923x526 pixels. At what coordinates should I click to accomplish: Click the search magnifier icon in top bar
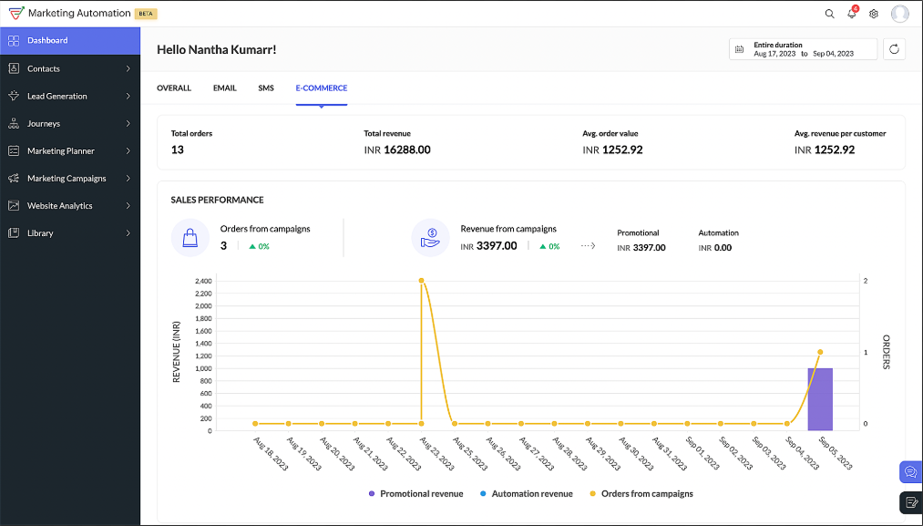point(829,14)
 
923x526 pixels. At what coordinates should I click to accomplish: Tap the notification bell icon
point(852,14)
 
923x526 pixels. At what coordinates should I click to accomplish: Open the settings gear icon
point(874,14)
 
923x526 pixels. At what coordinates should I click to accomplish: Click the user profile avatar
point(900,14)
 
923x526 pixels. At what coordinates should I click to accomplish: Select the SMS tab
point(266,88)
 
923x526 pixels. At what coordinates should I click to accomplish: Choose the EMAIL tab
point(224,88)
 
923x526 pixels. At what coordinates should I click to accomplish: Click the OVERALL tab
point(174,88)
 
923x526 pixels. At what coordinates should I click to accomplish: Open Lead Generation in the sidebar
point(57,96)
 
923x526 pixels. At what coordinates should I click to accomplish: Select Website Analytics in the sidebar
point(60,206)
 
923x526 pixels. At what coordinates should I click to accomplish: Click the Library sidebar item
point(40,233)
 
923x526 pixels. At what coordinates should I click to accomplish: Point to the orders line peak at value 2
point(421,281)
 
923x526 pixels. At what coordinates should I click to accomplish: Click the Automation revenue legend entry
point(532,494)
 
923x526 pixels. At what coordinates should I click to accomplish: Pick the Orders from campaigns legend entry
point(646,494)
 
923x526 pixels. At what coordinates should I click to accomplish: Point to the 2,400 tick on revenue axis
point(203,281)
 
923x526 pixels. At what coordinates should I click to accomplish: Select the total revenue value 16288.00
point(406,150)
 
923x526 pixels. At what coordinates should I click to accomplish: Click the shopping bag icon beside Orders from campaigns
point(190,238)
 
